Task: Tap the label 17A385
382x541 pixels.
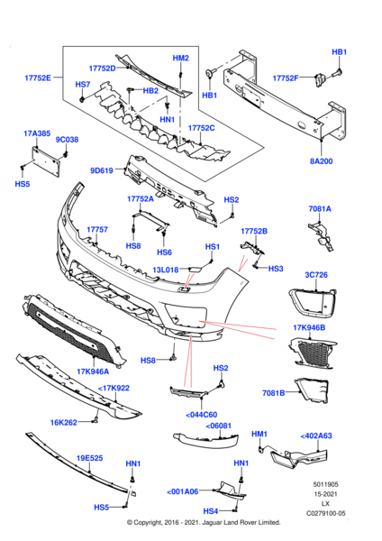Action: pyautogui.click(x=37, y=133)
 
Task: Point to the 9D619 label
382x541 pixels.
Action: pyautogui.click(x=102, y=170)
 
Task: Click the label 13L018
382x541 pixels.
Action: pyautogui.click(x=164, y=270)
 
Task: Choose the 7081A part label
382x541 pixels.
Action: pyautogui.click(x=320, y=208)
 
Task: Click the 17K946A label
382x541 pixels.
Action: pyautogui.click(x=93, y=371)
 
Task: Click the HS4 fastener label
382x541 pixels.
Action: pyautogui.click(x=210, y=510)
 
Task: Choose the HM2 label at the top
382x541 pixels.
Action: pyautogui.click(x=181, y=58)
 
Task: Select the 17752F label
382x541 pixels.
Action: pyautogui.click(x=286, y=78)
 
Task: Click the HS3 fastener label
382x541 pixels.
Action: pyautogui.click(x=276, y=268)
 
